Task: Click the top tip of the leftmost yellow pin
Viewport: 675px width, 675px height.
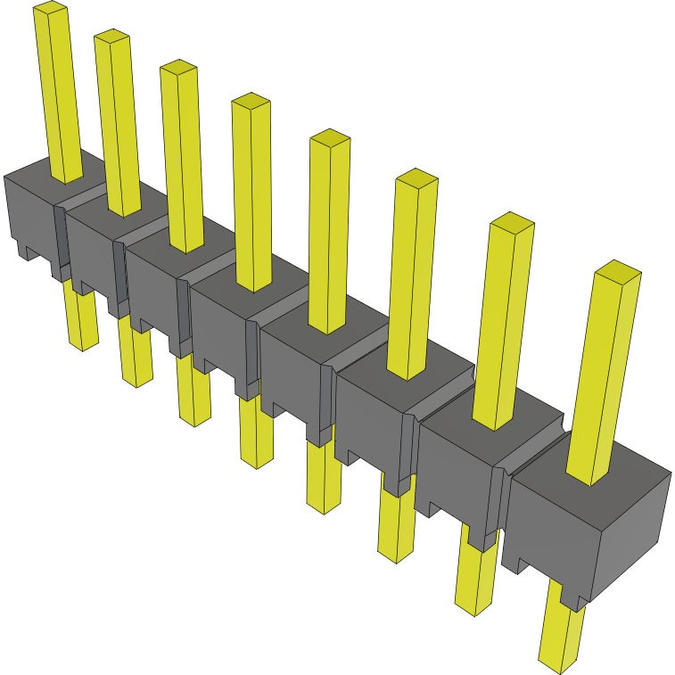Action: point(51,9)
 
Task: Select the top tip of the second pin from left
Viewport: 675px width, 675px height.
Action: point(111,37)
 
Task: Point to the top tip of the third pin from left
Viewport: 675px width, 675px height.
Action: point(178,68)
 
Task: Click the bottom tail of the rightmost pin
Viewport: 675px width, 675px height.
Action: point(562,633)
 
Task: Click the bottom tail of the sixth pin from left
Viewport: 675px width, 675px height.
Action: point(396,526)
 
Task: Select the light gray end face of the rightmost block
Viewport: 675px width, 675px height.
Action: point(635,535)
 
